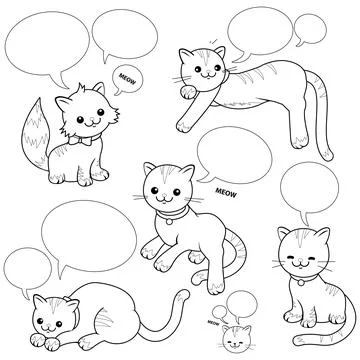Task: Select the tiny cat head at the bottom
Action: [237, 334]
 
